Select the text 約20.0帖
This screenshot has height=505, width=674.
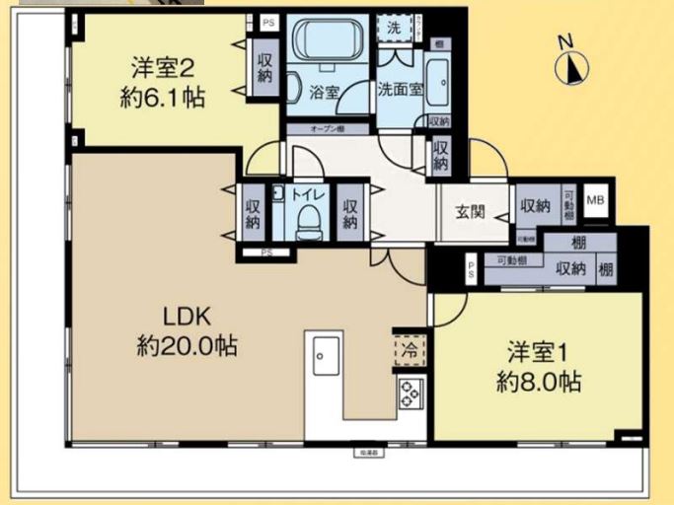click(x=187, y=346)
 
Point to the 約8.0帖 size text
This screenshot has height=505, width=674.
click(x=538, y=382)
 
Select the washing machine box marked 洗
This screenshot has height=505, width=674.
click(x=393, y=29)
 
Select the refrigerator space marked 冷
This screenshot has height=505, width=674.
click(x=408, y=350)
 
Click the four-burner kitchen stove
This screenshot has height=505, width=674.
click(x=409, y=393)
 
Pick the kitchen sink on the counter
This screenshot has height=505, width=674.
click(x=326, y=355)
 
